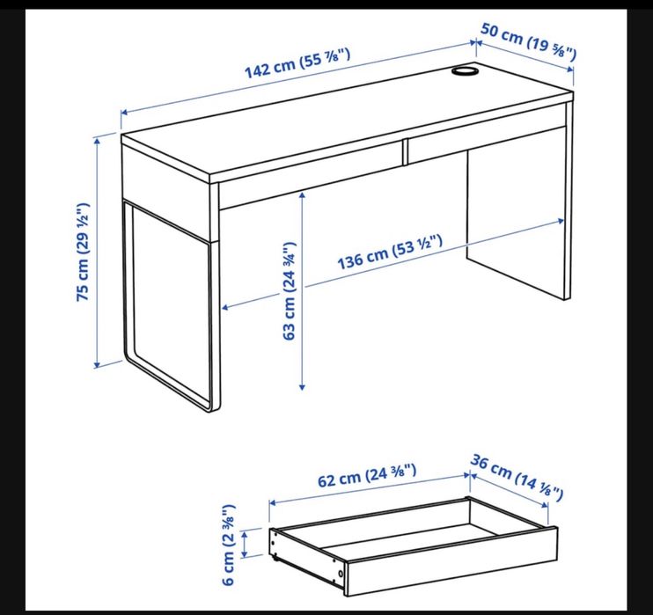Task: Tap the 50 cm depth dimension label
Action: (x=528, y=41)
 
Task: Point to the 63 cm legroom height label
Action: (x=290, y=291)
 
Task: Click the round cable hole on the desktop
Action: (x=464, y=70)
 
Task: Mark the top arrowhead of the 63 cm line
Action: (x=302, y=194)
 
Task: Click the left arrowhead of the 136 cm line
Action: (x=224, y=308)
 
